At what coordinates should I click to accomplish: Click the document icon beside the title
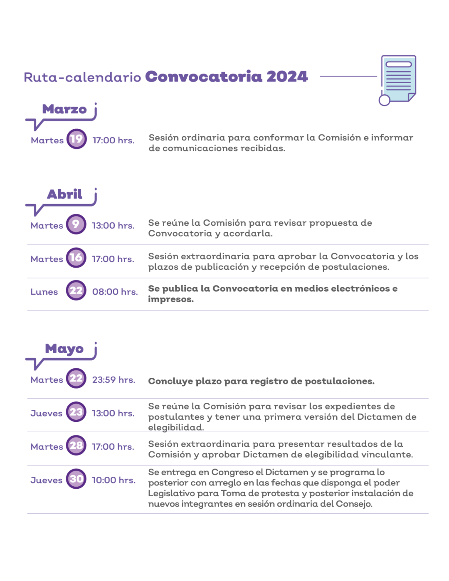click(x=397, y=80)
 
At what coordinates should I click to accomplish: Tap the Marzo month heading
click(x=64, y=109)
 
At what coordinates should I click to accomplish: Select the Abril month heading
click(x=64, y=194)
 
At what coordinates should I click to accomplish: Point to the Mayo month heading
click(x=64, y=349)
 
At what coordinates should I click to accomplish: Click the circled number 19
click(x=76, y=139)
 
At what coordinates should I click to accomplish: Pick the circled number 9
click(x=76, y=224)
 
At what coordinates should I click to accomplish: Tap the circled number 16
click(x=76, y=258)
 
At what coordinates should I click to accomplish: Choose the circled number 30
click(x=76, y=479)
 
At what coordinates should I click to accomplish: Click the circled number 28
click(x=76, y=446)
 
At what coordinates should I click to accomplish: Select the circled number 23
click(x=76, y=412)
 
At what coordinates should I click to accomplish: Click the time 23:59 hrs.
click(x=113, y=380)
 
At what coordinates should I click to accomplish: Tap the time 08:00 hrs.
click(x=115, y=291)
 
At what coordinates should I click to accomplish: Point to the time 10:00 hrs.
click(x=114, y=480)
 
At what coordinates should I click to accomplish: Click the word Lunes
click(x=44, y=292)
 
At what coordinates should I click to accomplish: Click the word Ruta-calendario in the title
click(x=82, y=77)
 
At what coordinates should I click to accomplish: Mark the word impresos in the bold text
click(x=171, y=299)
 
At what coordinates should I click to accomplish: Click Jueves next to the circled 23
click(x=46, y=414)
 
